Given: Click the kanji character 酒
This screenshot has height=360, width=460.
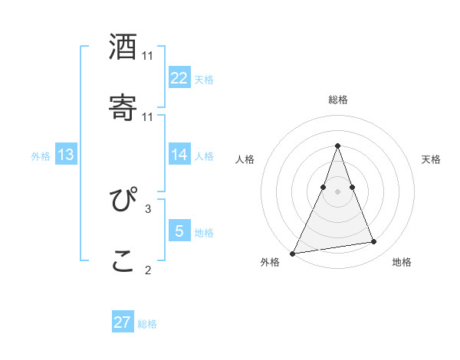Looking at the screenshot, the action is click(123, 47).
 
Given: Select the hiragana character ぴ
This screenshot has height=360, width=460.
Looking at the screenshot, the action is click(123, 200).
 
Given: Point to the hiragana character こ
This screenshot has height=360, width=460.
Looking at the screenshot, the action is click(123, 260).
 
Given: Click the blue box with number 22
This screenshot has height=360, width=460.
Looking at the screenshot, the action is click(179, 78).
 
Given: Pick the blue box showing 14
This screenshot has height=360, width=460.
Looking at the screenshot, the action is click(179, 155).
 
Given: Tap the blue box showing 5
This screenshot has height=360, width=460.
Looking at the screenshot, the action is click(179, 231).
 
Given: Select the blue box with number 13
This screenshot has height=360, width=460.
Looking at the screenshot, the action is click(66, 155).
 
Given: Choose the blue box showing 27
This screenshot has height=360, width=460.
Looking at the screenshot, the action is click(123, 322).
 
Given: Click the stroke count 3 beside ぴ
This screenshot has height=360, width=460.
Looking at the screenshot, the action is click(148, 208).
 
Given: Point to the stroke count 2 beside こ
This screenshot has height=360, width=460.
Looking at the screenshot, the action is click(148, 270).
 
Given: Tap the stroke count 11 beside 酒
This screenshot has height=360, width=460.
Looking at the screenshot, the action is click(148, 56).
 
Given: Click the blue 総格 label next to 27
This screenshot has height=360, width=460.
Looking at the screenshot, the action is click(147, 324).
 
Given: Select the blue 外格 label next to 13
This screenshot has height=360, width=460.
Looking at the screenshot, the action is click(41, 156).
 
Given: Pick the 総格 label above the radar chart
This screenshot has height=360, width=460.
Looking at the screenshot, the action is click(338, 100).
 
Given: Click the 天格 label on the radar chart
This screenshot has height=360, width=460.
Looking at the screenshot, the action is click(432, 159).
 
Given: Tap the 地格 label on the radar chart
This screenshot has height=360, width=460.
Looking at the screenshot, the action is click(402, 263).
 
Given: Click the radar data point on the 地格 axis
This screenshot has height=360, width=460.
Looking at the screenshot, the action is click(374, 242).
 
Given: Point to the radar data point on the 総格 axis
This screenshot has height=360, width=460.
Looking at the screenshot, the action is click(337, 146).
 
